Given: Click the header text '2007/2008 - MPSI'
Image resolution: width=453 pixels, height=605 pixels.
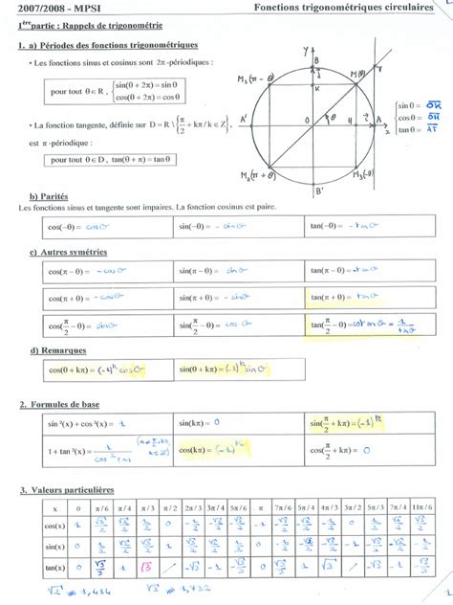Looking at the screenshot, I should [x=48, y=9].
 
